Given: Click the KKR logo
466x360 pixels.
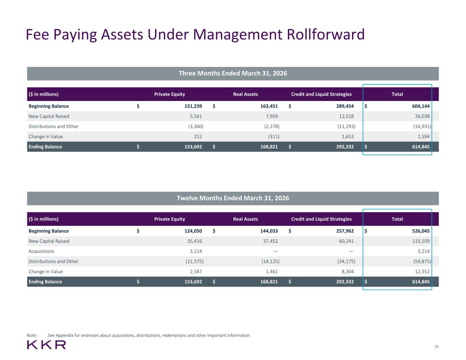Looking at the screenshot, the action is pos(46,345).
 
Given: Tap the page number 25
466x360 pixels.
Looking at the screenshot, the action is pos(437,347).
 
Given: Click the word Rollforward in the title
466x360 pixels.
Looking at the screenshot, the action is pos(326,34).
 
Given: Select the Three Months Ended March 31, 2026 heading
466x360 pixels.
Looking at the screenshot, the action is pos(233,73).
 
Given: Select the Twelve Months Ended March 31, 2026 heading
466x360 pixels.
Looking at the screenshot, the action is pos(233,198).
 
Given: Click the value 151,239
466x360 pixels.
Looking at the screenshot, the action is pos(193,106).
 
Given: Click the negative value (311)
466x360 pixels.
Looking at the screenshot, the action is pos(274,137).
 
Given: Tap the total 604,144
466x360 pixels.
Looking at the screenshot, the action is pos(421,106).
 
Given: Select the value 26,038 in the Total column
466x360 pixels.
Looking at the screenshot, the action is pos(422,116).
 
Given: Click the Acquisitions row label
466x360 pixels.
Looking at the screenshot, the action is pos(41,251).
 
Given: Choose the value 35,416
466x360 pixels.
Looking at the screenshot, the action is pos(195,241).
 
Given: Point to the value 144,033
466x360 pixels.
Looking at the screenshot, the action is pos(269,231).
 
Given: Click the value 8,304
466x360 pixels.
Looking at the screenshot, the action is pos(348,272).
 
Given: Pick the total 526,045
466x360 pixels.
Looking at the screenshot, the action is pos(421,231).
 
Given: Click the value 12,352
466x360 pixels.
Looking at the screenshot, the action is pos(422,272).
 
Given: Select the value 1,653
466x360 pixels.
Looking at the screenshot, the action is pos(348,137).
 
